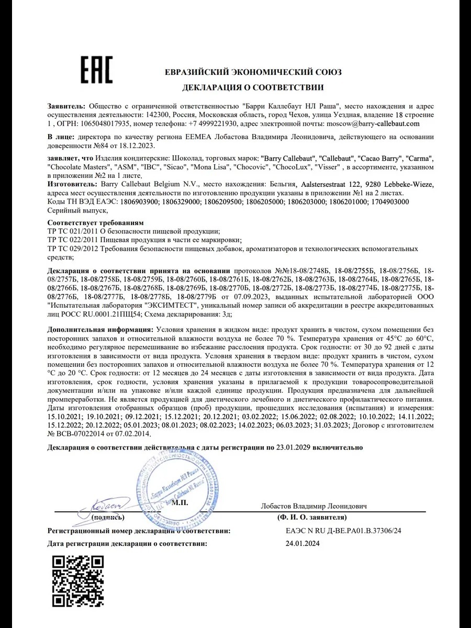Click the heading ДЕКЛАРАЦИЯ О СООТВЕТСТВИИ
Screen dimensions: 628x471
click(x=253, y=87)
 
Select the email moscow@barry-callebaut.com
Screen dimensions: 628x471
click(x=373, y=124)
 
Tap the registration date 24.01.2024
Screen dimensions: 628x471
click(x=299, y=544)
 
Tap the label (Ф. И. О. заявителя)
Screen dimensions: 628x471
click(x=312, y=517)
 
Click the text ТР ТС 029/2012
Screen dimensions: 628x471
click(x=72, y=249)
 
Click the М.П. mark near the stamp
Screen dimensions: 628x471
click(x=179, y=503)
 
